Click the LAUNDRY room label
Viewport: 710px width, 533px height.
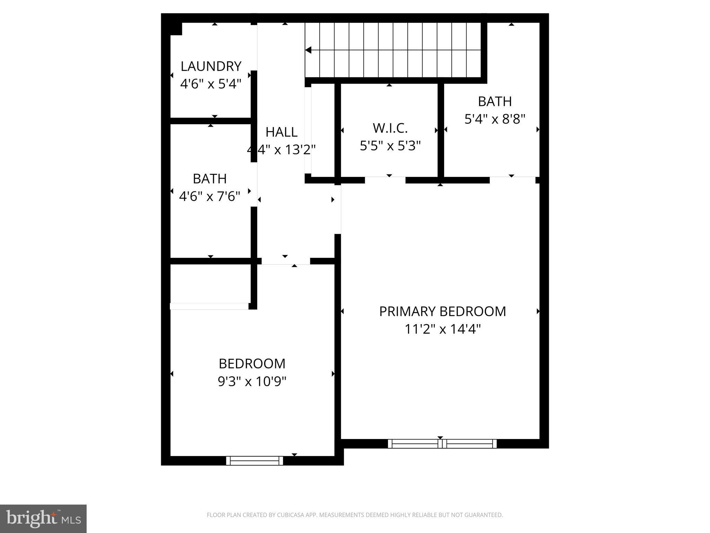[211, 66]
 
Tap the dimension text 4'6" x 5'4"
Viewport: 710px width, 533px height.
[211, 84]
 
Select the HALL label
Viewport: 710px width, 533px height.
[281, 132]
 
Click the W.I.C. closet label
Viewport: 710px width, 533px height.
[390, 128]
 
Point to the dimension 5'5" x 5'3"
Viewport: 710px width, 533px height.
[390, 146]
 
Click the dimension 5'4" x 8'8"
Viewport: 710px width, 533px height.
[495, 119]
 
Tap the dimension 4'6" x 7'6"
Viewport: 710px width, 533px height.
[209, 196]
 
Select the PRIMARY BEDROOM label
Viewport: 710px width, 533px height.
[442, 311]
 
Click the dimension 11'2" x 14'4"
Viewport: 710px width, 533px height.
[442, 329]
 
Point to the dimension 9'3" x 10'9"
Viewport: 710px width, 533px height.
[252, 381]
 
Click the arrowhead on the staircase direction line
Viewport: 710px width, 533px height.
[308, 50]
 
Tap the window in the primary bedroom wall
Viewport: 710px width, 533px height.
[442, 443]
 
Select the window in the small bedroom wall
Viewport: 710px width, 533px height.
[254, 460]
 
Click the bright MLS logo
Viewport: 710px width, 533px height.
[43, 518]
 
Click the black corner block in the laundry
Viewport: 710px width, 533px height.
[176, 29]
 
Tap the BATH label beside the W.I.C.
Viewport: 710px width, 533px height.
[495, 101]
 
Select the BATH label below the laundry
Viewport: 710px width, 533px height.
[209, 179]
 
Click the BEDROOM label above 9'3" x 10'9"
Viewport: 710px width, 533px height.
[252, 364]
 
